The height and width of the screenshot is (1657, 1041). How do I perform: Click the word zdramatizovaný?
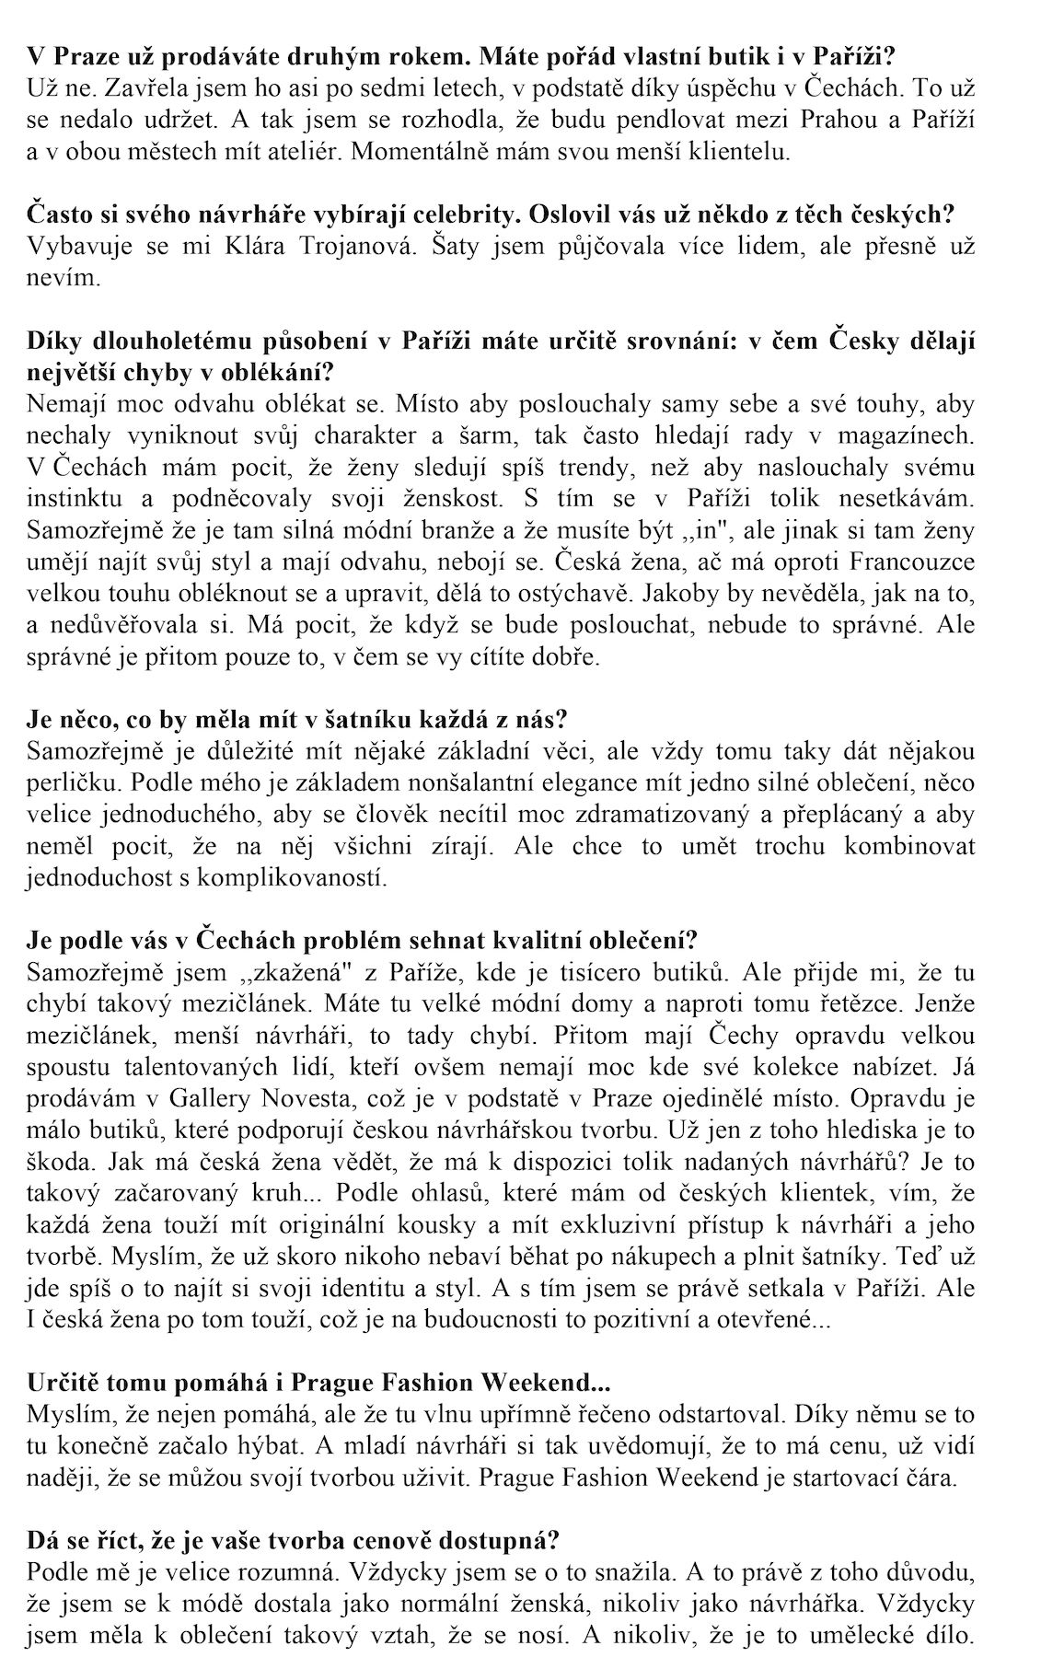pyautogui.click(x=627, y=816)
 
